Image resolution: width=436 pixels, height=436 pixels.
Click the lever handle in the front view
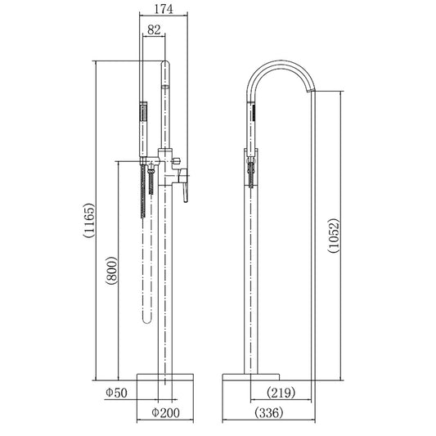click(x=186, y=184)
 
